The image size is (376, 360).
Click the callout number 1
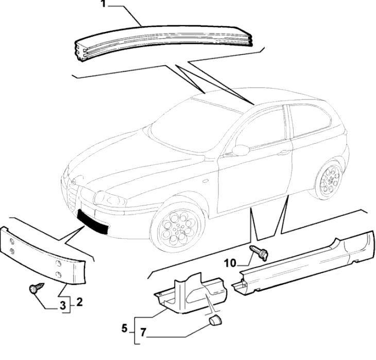pos(102,5)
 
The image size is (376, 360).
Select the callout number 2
pos(79,302)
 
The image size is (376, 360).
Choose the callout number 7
pos(144,340)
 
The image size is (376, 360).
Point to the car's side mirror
pos(241,150)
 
